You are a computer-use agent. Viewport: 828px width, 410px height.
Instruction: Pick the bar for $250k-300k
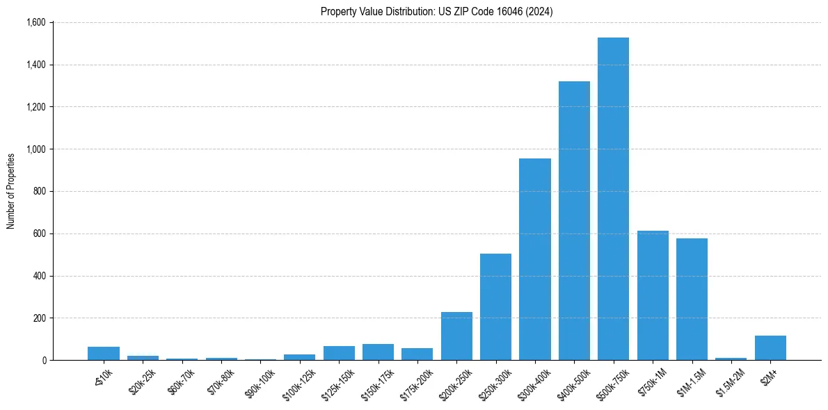coord(495,306)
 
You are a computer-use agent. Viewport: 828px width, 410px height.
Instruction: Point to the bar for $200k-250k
coord(456,336)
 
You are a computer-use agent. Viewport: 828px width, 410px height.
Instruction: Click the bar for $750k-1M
coord(653,295)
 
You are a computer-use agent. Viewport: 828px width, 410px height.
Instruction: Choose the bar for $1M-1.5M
coord(692,300)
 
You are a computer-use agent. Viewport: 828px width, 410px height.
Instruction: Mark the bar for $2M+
coord(770,348)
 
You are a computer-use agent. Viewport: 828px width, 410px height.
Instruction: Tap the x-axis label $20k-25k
coord(142,382)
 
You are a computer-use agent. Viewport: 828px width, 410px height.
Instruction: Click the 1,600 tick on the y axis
coord(35,23)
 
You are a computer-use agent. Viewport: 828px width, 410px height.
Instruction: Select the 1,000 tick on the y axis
coord(35,149)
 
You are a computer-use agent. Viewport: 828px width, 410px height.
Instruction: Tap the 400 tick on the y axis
coord(39,276)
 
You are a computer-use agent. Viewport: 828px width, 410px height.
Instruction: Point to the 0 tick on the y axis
coord(43,360)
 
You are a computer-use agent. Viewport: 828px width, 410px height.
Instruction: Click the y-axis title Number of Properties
coord(11,191)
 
